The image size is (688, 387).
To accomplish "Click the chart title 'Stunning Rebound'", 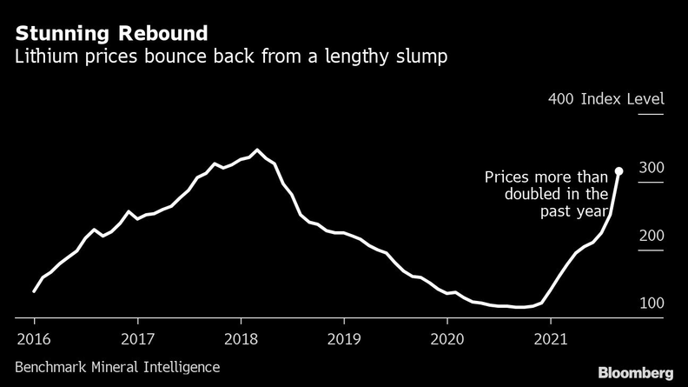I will (x=110, y=34).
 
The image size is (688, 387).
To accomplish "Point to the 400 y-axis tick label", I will (x=560, y=99).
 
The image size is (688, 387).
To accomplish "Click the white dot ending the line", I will (x=619, y=171).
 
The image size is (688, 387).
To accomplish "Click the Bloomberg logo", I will (x=636, y=372).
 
